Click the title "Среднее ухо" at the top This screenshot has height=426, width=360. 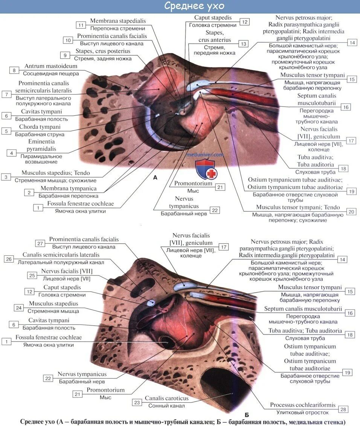(194, 6)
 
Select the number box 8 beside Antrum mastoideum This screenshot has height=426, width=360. (14, 70)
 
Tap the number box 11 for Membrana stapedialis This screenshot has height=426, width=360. (81, 25)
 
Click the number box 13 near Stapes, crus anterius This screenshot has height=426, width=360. (243, 44)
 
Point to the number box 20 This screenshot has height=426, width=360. (351, 212)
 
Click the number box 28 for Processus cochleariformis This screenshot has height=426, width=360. (343, 409)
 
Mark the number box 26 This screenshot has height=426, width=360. (9, 259)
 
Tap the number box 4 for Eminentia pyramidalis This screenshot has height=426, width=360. (12, 153)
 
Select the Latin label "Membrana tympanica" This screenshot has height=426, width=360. (69, 188)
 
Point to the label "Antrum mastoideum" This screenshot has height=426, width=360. (52, 66)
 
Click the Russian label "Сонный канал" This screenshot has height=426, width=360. (166, 406)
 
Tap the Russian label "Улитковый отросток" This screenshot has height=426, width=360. (302, 412)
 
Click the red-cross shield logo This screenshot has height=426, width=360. (205, 169)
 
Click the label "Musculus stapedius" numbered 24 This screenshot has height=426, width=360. (53, 304)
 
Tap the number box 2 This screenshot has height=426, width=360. (29, 192)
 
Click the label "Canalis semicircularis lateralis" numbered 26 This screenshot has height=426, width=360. (61, 255)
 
